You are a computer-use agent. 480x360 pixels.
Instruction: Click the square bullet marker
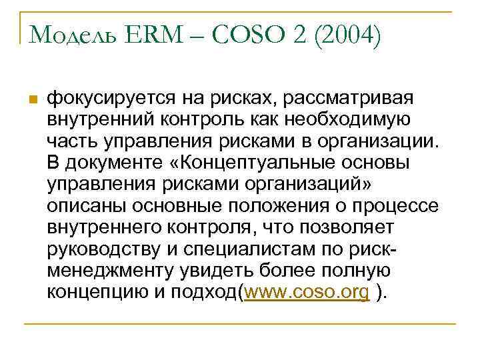click(31, 100)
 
